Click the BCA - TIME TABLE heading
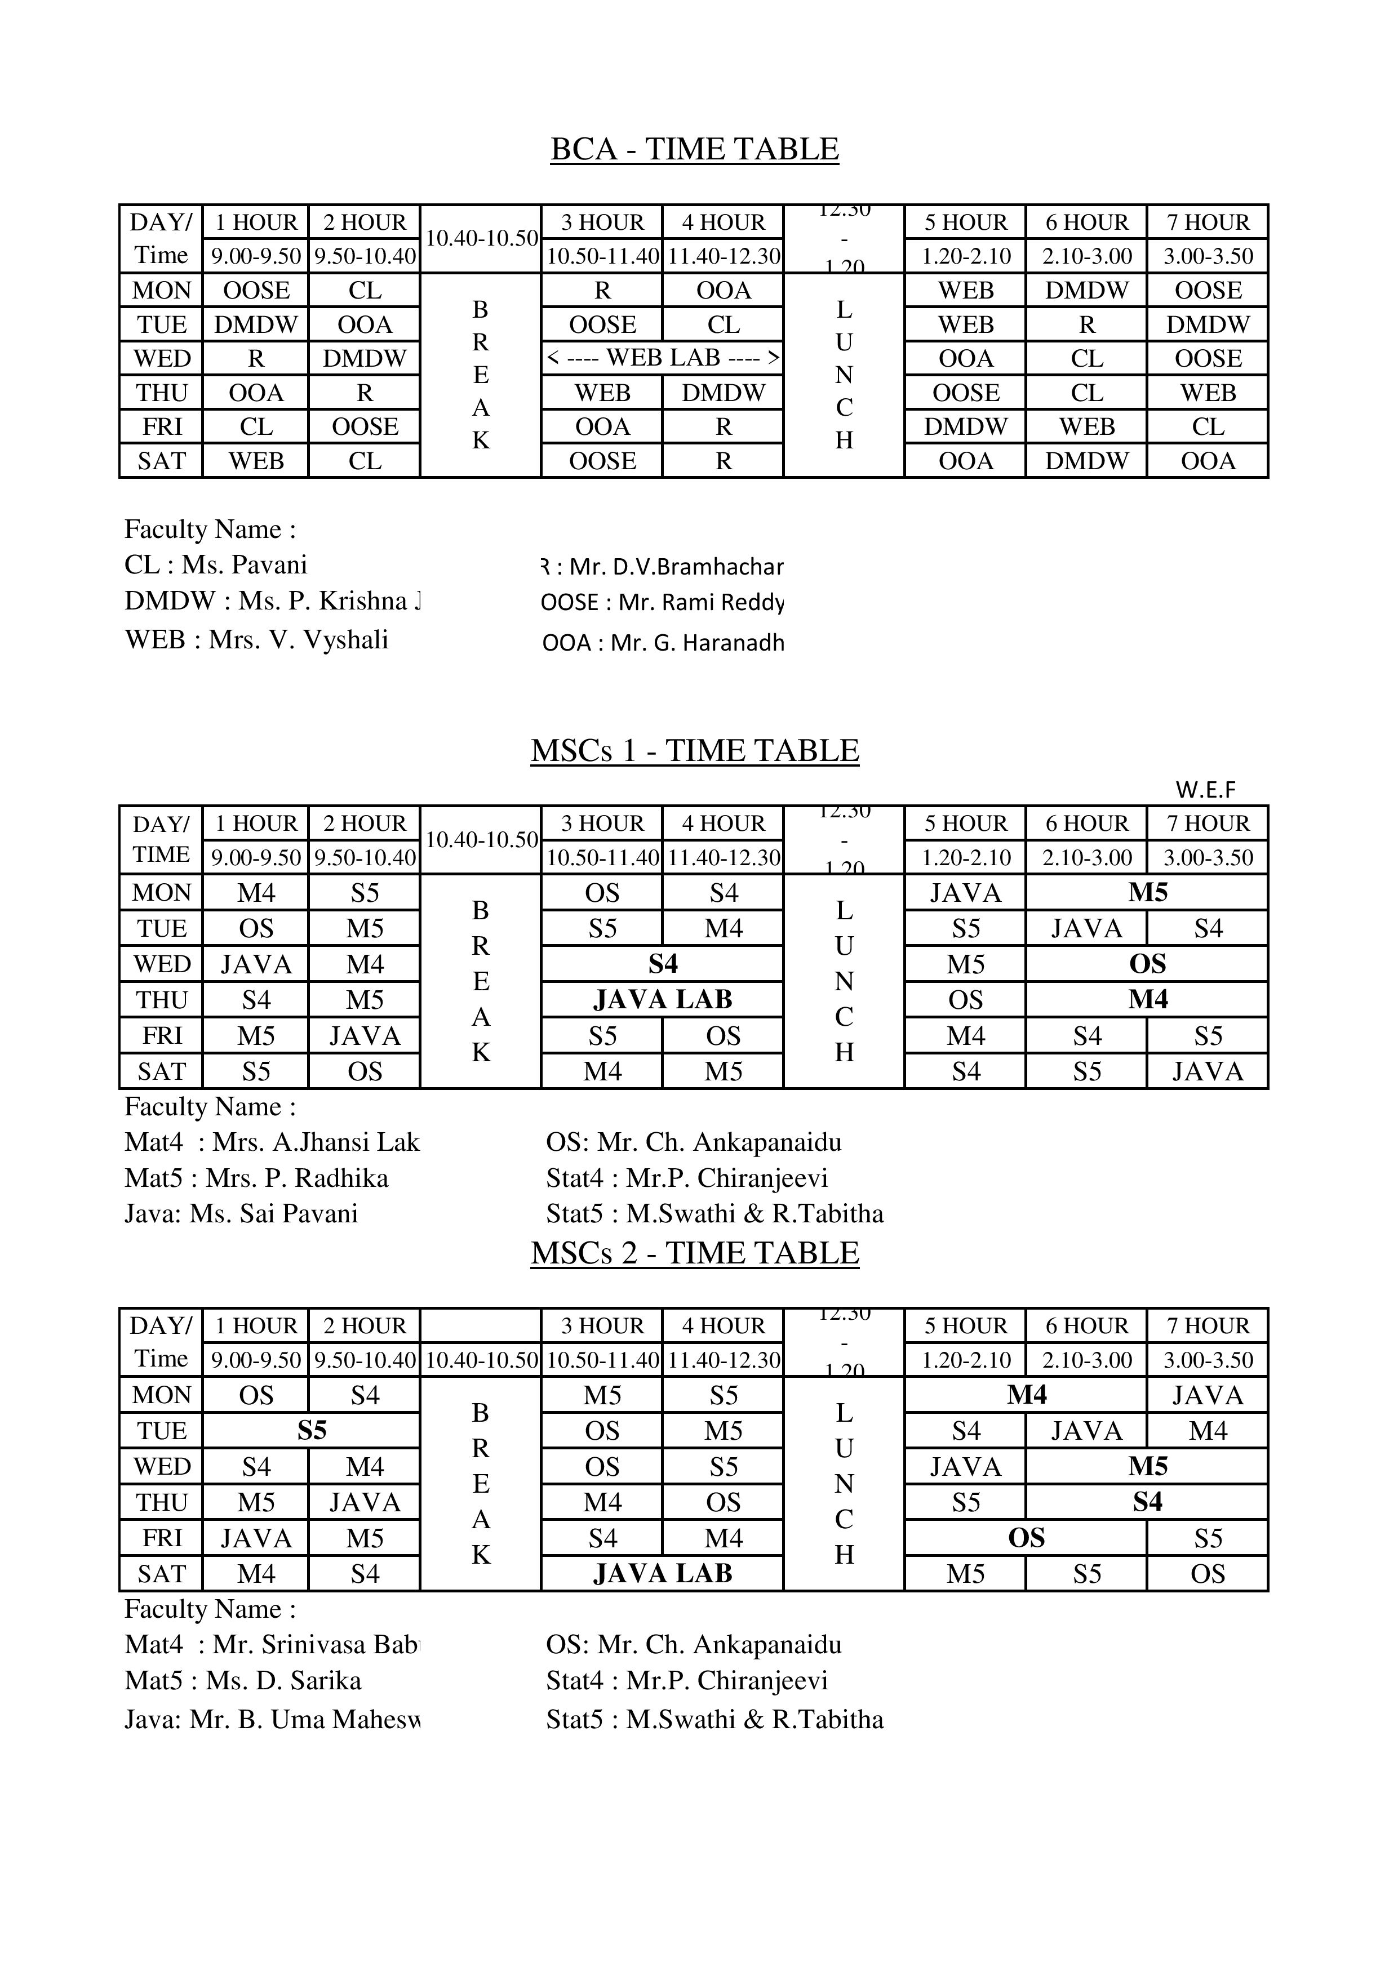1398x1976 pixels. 695,150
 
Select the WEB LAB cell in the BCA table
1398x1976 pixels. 662,358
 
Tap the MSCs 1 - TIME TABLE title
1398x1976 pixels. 695,751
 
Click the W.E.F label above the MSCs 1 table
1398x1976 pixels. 1205,789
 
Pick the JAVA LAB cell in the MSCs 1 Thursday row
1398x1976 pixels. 662,1000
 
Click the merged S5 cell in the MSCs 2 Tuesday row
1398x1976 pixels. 312,1431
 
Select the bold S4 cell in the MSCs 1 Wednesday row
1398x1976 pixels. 662,964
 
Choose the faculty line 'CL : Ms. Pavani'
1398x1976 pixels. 216,566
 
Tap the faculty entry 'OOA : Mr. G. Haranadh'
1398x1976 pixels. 663,643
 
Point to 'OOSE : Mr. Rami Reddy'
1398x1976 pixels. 662,603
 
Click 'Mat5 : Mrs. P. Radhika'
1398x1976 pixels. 256,1178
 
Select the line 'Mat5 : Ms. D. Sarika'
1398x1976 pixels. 243,1681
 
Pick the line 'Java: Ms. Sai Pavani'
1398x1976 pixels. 241,1214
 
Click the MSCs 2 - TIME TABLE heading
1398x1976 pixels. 695,1254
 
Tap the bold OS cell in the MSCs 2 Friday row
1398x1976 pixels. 1026,1539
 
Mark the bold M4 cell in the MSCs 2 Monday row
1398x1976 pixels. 1026,1395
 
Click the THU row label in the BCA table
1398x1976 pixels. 162,393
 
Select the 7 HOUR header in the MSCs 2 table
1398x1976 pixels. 1208,1326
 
